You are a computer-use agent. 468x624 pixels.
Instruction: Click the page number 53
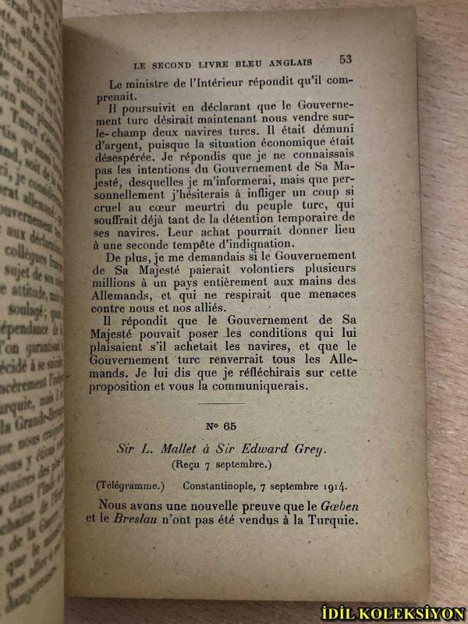pyautogui.click(x=346, y=58)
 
